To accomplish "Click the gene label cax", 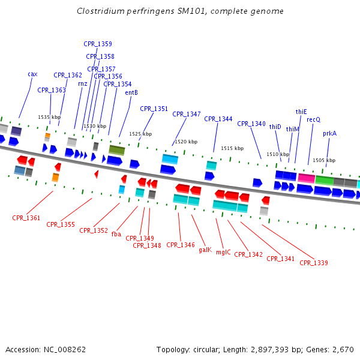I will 32,74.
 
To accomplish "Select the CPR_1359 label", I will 97,44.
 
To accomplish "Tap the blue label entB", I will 131,92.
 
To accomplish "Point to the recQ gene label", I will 313,120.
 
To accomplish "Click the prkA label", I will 329,134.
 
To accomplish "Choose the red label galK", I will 205,250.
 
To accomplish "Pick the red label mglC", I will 223,253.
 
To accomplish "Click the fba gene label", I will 116,234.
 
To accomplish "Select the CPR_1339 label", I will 314,263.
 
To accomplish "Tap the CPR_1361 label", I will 26,218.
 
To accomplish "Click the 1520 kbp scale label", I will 185,142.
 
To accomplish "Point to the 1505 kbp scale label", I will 324,161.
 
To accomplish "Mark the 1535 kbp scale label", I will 49,118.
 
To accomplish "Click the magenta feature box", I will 306,179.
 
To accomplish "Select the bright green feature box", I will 324,180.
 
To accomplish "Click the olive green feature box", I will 116,149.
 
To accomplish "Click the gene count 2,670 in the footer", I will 343,349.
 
